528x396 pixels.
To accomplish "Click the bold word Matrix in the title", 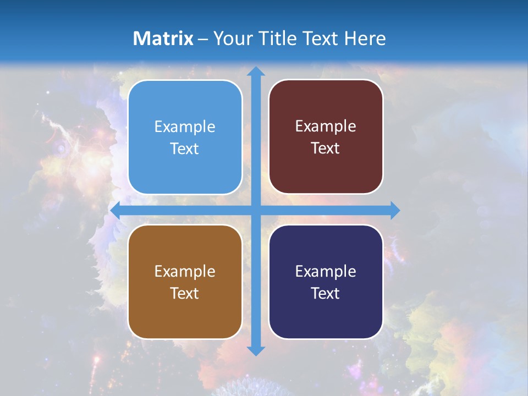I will (x=163, y=38).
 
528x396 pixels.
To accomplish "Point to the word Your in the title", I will (x=230, y=38).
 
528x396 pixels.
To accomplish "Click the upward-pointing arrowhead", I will (x=256, y=71).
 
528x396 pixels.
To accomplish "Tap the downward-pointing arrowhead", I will (x=256, y=350).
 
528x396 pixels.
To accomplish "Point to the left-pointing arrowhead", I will (x=116, y=211).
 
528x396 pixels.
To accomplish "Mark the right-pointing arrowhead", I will (x=395, y=211).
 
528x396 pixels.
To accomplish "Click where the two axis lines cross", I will (x=256, y=211).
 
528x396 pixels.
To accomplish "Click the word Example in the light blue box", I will (x=185, y=127).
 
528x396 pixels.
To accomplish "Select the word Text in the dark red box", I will (x=326, y=148).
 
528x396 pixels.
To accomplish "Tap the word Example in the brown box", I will (x=185, y=272).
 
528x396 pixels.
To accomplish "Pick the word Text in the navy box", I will (x=326, y=293).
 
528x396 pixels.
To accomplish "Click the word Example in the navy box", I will (x=326, y=272).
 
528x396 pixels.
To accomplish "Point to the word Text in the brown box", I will (x=185, y=293).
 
